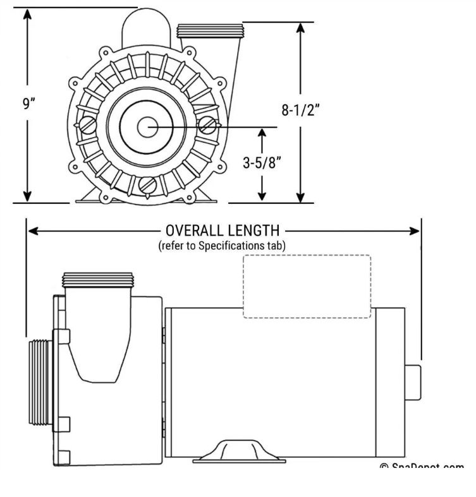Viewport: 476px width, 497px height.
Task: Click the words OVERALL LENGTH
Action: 222,231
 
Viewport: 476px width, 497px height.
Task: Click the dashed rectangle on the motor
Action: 307,286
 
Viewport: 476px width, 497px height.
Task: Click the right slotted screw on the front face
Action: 207,126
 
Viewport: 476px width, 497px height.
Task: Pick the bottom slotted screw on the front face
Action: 147,185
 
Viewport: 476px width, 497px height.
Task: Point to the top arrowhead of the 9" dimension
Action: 27,14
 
